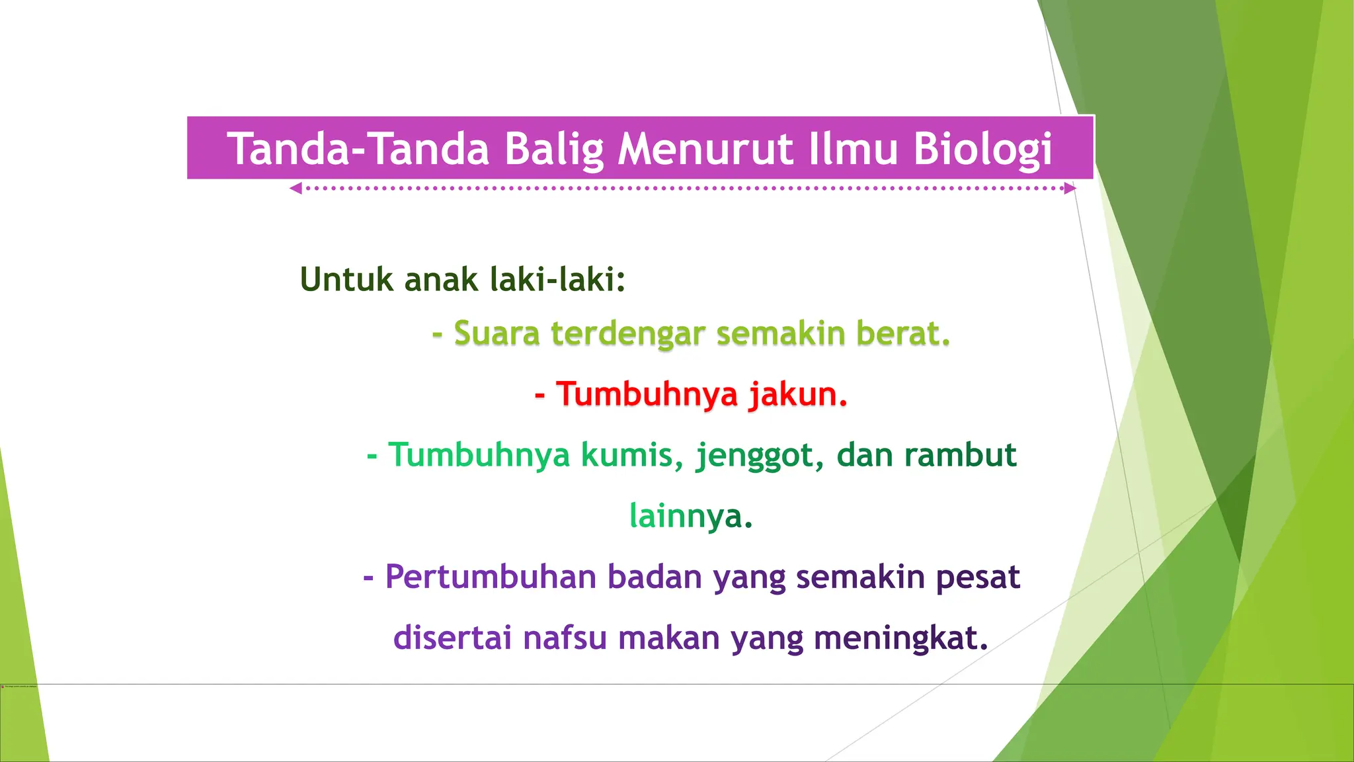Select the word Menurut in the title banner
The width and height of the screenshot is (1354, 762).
click(x=705, y=149)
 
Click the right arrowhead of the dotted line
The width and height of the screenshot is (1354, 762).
click(x=1070, y=189)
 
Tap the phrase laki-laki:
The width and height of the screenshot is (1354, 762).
click(x=558, y=279)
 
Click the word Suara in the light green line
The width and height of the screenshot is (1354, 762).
click(x=497, y=333)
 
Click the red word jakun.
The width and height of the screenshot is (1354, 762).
click(x=798, y=394)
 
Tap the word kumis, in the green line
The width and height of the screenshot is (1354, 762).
click(x=627, y=455)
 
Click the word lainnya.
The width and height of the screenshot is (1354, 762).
click(x=691, y=516)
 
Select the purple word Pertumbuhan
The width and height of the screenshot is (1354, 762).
click(x=491, y=577)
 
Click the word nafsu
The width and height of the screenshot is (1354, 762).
click(x=565, y=638)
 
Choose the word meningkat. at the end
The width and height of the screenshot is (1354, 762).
click(x=900, y=638)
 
